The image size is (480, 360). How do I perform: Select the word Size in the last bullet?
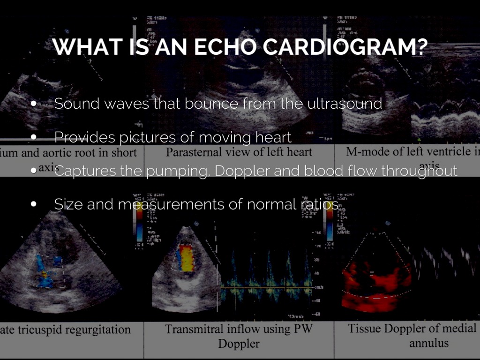coord(68,204)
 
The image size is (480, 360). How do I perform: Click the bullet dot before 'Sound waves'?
coord(34,104)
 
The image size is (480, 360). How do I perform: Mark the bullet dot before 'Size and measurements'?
coord(34,205)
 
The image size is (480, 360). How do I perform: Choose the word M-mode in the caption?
coord(367,152)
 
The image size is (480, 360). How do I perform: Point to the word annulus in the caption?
coord(428,343)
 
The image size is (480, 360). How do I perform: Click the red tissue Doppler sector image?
coord(375,281)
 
